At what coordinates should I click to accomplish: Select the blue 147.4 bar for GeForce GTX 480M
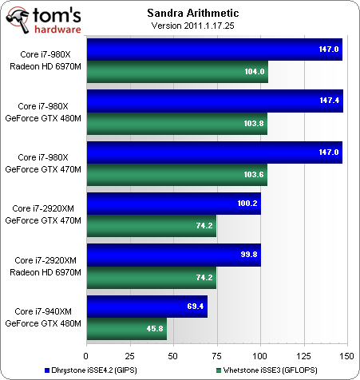tap(215, 101)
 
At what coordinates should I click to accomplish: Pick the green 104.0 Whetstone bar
tap(177, 72)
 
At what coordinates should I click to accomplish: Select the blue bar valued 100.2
tap(173, 204)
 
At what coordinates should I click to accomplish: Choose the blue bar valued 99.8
tap(172, 255)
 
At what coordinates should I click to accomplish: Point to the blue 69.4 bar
tap(147, 307)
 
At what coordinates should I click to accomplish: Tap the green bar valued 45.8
tap(126, 328)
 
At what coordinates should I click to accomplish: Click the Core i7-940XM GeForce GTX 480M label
tap(45, 317)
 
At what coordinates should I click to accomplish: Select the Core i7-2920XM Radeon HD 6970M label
tap(44, 266)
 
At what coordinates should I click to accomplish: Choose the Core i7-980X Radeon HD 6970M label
tap(45, 61)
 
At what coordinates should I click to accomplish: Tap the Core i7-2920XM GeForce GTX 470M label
tap(44, 214)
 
